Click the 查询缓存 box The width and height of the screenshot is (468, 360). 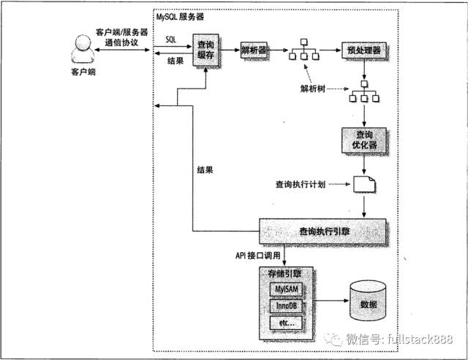tap(207, 52)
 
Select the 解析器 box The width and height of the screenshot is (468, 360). tap(254, 50)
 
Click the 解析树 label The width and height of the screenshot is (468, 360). tap(311, 88)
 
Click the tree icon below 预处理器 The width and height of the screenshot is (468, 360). tap(363, 94)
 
